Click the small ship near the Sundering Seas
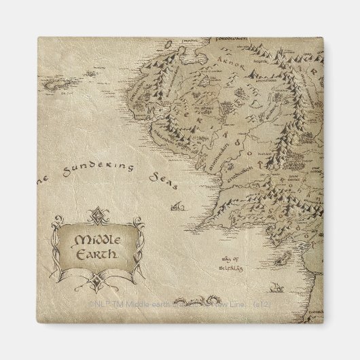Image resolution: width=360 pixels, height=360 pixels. pyautogui.click(x=178, y=204)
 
